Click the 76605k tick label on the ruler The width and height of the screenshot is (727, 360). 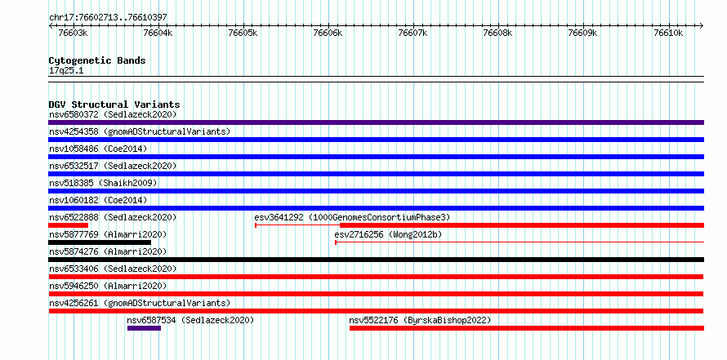coord(244,33)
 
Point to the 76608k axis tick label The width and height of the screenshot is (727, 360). coord(498,33)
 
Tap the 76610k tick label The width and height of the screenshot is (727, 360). coord(668,33)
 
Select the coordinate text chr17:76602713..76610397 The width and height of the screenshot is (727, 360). coord(108,18)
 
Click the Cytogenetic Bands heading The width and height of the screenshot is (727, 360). coord(97,60)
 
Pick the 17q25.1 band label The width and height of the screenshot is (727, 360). coord(66,71)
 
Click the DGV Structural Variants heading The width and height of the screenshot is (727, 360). coord(114,104)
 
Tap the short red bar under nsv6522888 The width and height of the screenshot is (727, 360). coord(68,225)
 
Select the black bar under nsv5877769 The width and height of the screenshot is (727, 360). coord(100,242)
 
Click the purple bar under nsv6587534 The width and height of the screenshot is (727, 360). coord(145,328)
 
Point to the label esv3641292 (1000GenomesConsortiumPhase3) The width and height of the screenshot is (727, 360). coord(352,217)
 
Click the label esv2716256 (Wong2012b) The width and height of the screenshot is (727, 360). coord(388,234)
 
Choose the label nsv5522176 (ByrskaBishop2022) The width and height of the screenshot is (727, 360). coord(420,320)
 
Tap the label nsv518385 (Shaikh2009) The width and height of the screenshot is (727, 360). coord(104,183)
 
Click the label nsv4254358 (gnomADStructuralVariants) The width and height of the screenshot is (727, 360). coord(140,131)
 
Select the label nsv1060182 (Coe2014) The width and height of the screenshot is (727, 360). coord(98,200)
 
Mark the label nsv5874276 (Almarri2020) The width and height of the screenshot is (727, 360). coord(108,251)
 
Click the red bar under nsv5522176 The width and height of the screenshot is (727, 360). coord(527,328)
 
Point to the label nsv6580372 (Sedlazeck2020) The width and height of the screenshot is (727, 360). coord(113,114)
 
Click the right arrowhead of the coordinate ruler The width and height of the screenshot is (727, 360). coord(702,25)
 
